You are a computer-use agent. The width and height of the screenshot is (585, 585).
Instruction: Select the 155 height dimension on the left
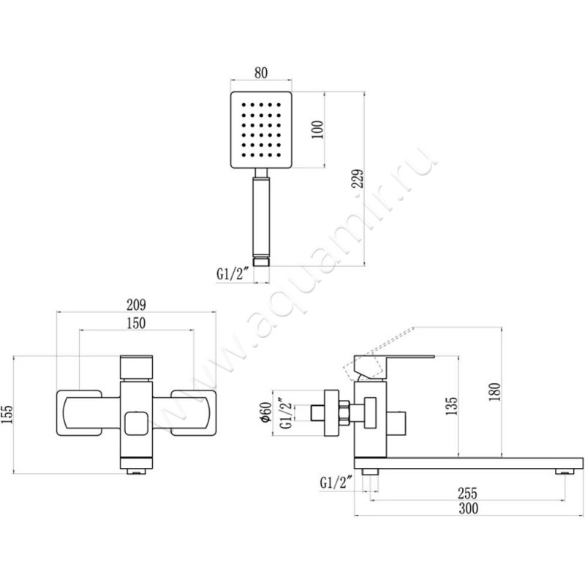click(x=7, y=415)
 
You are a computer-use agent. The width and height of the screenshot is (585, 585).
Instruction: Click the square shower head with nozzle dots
click(x=262, y=130)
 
